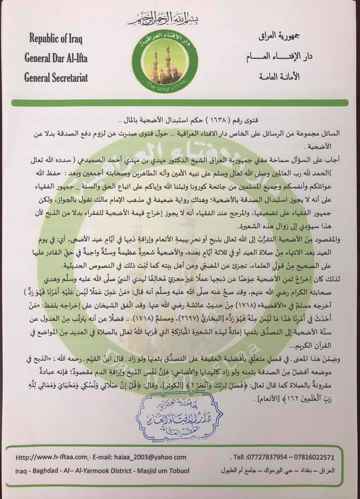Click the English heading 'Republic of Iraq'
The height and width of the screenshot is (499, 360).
click(57, 40)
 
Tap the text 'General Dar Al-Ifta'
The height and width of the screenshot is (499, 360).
click(56, 58)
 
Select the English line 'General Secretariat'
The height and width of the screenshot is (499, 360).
click(56, 78)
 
